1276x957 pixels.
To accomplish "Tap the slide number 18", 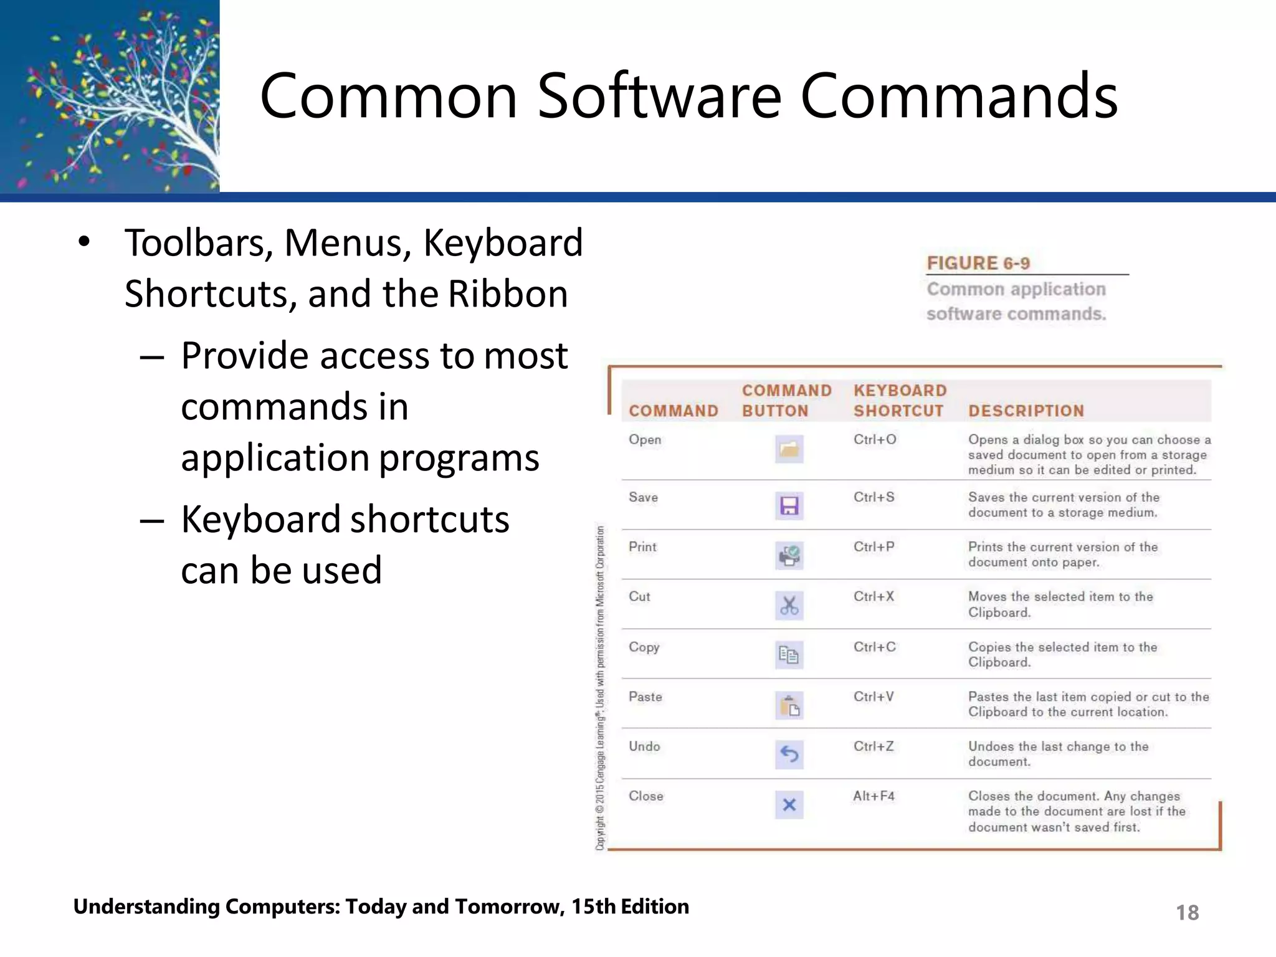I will pyautogui.click(x=1187, y=913).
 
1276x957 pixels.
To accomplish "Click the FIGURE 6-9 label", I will pyautogui.click(x=978, y=263).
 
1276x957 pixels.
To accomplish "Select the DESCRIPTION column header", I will pyautogui.click(x=1026, y=411).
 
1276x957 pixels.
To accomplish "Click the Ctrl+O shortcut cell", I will pyautogui.click(x=875, y=439).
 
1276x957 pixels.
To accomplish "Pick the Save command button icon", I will pyautogui.click(x=789, y=505).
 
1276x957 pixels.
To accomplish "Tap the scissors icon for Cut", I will pyautogui.click(x=789, y=605).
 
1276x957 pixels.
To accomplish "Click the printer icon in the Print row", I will pyautogui.click(x=789, y=555).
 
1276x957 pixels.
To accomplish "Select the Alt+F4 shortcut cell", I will pyautogui.click(x=874, y=796).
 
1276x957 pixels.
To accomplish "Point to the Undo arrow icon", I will pyautogui.click(x=789, y=755).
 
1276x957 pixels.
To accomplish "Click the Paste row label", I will pyautogui.click(x=645, y=697).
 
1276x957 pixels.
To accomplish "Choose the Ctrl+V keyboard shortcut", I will pyautogui.click(x=874, y=697).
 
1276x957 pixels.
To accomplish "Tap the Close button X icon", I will pyautogui.click(x=789, y=805).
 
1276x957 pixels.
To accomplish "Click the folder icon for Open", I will pyautogui.click(x=789, y=449).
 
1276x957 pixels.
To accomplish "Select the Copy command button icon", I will pyautogui.click(x=789, y=655).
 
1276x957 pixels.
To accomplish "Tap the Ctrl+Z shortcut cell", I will pyautogui.click(x=874, y=746).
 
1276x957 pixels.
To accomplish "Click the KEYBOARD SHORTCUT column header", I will pyautogui.click(x=900, y=401).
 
